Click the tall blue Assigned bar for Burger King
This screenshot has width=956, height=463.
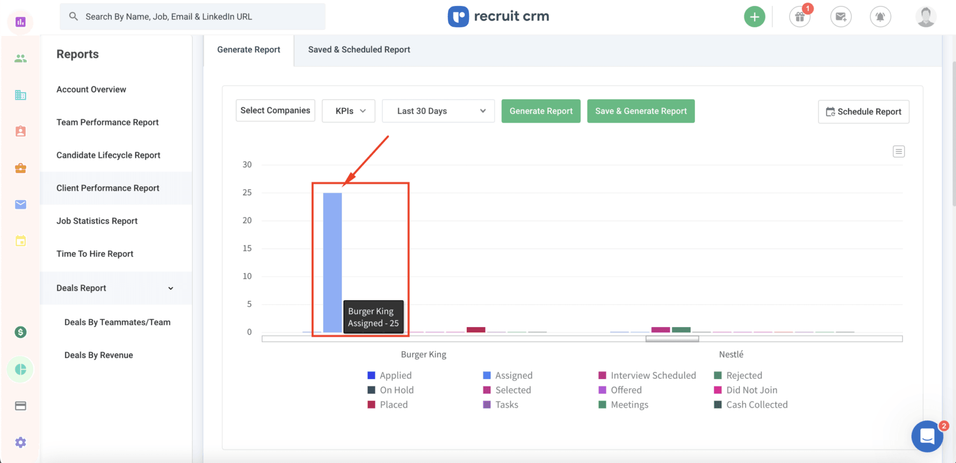click(x=332, y=261)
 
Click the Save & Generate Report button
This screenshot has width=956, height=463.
click(x=640, y=111)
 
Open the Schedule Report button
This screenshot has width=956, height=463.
click(x=864, y=112)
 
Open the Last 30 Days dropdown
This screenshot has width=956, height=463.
click(x=438, y=111)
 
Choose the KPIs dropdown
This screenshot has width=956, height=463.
click(x=348, y=111)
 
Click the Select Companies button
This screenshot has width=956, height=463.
click(x=275, y=111)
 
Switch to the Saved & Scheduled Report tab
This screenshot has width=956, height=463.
click(x=359, y=49)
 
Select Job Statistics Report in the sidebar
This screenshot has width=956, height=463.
click(x=97, y=221)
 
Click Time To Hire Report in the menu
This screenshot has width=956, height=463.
click(x=95, y=254)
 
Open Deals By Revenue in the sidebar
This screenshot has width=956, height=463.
click(x=98, y=355)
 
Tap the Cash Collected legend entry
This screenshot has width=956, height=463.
click(x=756, y=405)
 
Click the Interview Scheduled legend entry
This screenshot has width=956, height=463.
click(x=653, y=375)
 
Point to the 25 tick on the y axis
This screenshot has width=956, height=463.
click(x=247, y=192)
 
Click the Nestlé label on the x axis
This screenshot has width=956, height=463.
click(x=731, y=354)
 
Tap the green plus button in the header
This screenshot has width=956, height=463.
click(x=754, y=17)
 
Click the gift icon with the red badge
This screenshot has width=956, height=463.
click(x=800, y=17)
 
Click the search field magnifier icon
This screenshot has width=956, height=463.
click(x=73, y=16)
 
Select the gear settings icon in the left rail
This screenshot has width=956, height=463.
click(x=21, y=442)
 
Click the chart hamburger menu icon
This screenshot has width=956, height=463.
click(x=899, y=152)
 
